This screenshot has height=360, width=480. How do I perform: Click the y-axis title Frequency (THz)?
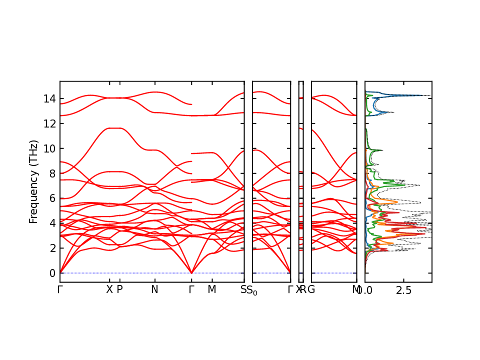(x=33, y=181)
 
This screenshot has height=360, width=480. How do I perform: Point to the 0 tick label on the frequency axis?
(x=52, y=273)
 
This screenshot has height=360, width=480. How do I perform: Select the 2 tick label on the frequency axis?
(x=52, y=248)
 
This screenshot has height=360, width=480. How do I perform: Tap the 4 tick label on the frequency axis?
(x=52, y=223)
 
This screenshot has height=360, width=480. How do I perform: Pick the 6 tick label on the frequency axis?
(x=52, y=198)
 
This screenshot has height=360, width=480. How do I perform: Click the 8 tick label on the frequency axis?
(x=52, y=173)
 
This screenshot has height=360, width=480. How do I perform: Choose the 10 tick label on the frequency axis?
(x=49, y=148)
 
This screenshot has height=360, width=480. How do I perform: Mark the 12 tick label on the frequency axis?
(x=49, y=123)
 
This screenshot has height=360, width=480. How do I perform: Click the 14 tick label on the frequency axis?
(x=49, y=98)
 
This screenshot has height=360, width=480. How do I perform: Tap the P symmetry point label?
(x=119, y=289)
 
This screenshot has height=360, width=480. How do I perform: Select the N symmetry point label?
(x=154, y=289)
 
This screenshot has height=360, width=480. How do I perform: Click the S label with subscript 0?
(x=252, y=290)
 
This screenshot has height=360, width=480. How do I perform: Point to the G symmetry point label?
(x=311, y=289)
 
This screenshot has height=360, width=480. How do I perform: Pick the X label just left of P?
(x=109, y=289)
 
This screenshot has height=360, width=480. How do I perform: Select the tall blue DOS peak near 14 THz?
(x=427, y=95)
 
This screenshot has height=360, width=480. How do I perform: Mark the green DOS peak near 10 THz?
(x=381, y=150)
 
